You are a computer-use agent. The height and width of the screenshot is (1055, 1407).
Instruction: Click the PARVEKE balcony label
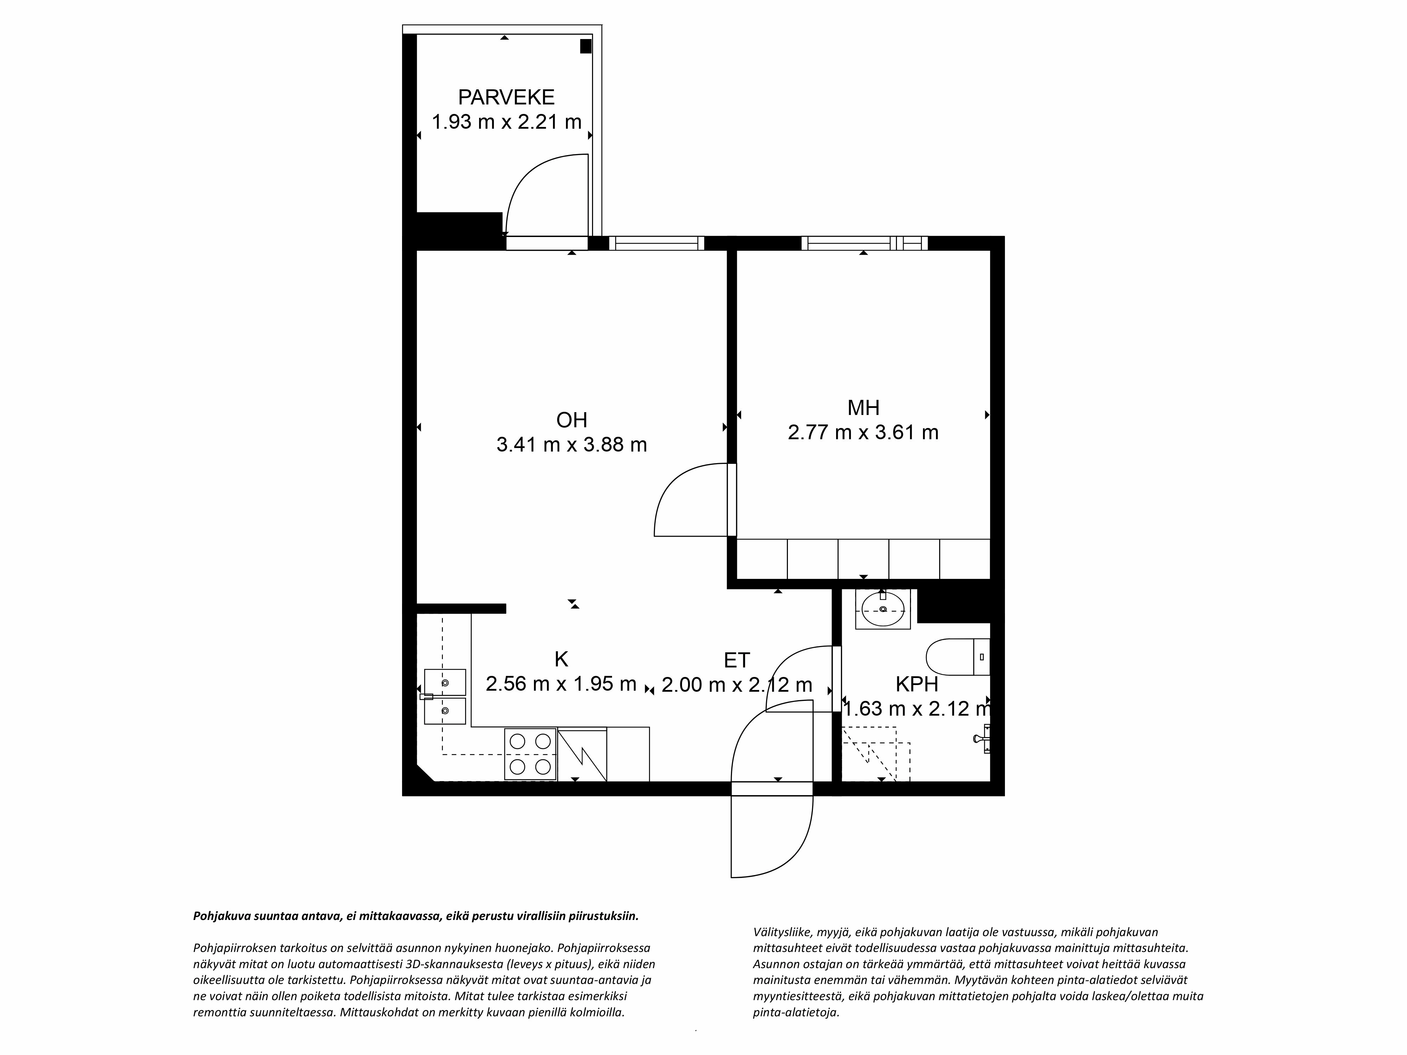(x=506, y=97)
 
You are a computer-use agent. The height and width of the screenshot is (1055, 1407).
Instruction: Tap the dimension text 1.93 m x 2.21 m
(x=506, y=121)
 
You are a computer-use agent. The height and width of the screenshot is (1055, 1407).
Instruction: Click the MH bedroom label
(x=863, y=408)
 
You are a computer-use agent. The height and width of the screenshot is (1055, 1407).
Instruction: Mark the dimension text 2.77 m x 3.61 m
(x=863, y=433)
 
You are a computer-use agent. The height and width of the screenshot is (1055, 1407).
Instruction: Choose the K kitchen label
(x=561, y=659)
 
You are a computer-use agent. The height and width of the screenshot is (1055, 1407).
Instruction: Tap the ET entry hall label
(x=737, y=660)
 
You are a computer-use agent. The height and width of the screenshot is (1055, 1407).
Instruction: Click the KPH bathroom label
(x=917, y=684)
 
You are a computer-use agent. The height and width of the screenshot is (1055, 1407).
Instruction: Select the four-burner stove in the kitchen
(x=530, y=754)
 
